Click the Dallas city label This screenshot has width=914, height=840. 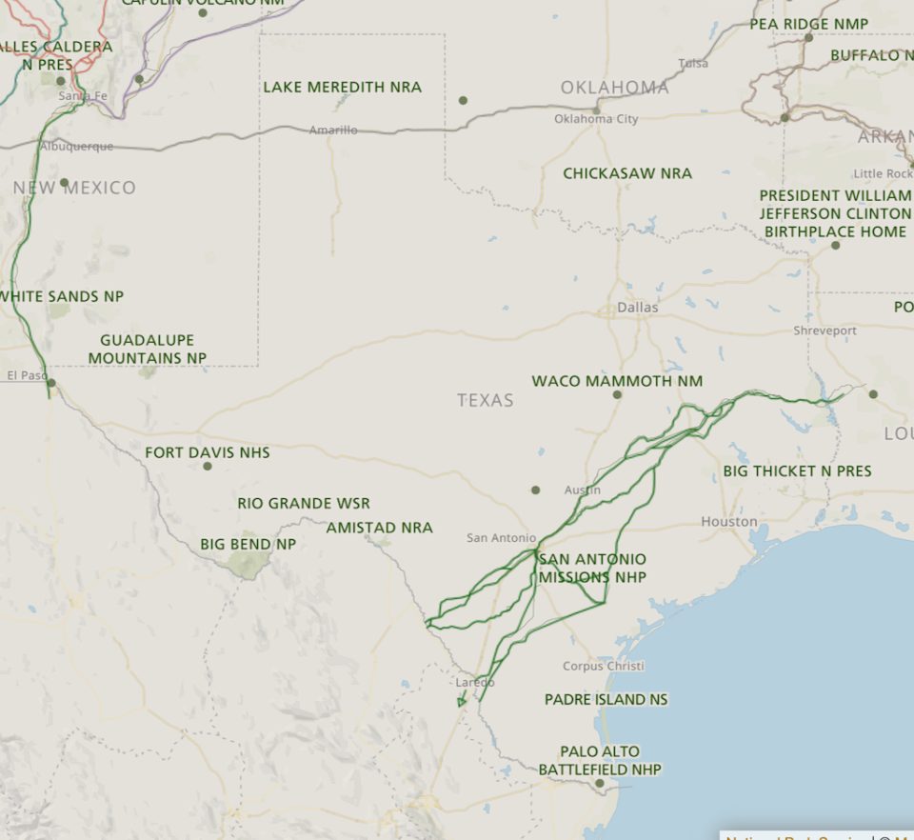coord(637,308)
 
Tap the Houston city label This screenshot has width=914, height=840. coord(729,522)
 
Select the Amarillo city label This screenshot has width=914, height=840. coord(333,130)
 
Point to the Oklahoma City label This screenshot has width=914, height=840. coord(596,119)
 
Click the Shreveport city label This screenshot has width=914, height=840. coord(825,330)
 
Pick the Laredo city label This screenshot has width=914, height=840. coord(475,682)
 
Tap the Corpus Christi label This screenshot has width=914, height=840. coord(603,666)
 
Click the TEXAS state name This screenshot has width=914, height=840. coord(485,400)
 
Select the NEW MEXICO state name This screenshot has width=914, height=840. coord(74,188)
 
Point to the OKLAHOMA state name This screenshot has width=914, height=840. coord(614,88)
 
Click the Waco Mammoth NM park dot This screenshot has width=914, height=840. coord(617,394)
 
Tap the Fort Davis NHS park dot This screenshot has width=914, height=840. coord(208,466)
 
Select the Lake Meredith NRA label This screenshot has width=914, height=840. coord(342,87)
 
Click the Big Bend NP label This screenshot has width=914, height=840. coord(248,544)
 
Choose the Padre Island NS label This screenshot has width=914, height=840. coord(606,699)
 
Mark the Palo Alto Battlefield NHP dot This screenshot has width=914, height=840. coord(600,784)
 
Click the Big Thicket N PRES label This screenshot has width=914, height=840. coord(797,470)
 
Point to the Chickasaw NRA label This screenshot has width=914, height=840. coord(626,173)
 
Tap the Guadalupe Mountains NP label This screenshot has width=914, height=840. coord(148,349)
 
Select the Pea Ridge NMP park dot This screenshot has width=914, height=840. coord(808,38)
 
